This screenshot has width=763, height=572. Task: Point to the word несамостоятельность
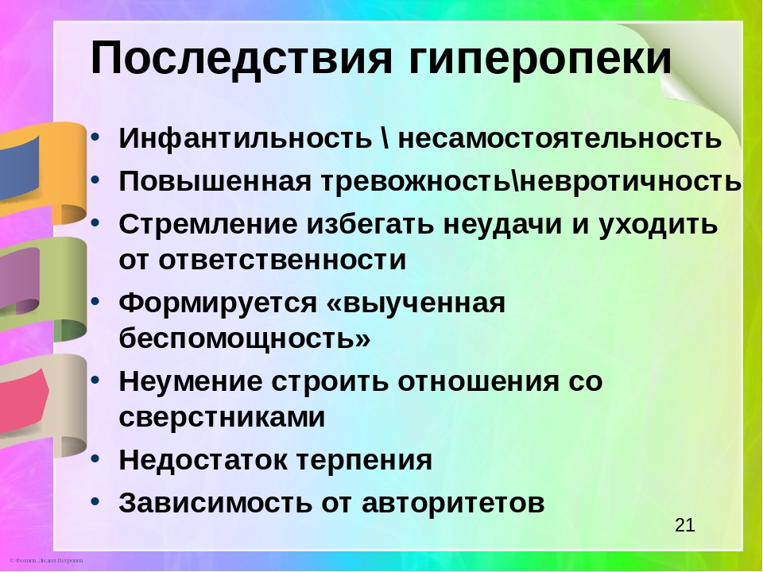coord(560,138)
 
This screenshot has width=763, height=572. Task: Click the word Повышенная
coord(215,181)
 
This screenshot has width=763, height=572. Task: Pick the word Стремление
coord(208,225)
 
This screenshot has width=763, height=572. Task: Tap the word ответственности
coord(282,260)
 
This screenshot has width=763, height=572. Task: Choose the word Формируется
coord(218,303)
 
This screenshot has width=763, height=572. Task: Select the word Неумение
coord(190,381)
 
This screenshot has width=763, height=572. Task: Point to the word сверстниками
coord(222,417)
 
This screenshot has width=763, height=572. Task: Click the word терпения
coord(364,460)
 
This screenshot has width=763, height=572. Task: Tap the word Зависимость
coord(215,502)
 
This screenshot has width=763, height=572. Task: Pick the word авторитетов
coord(453,503)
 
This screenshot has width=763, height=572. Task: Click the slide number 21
coord(684,525)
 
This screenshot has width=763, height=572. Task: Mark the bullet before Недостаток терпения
coord(95,459)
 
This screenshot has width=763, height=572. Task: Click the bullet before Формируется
coord(95,302)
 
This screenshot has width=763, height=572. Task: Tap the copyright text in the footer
coord(46,560)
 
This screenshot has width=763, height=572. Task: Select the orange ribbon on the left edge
coord(46,172)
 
